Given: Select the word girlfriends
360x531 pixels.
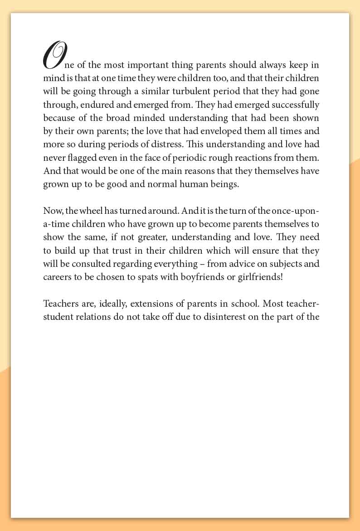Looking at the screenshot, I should [x=260, y=277].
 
